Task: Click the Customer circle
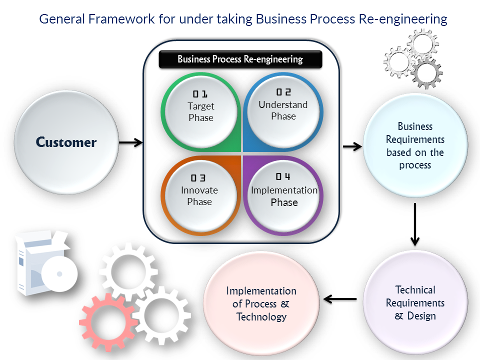[x=66, y=142]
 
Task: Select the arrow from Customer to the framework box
[x=131, y=143]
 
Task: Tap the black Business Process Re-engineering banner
[x=240, y=59]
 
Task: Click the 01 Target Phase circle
[x=200, y=110]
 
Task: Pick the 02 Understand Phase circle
[x=283, y=110]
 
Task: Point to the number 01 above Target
[x=200, y=94]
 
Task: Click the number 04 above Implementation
[x=283, y=177]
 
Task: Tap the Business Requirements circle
[x=415, y=145]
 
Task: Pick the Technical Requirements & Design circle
[x=415, y=302]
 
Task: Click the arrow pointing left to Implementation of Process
[x=340, y=299]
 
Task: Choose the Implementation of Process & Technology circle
[x=261, y=303]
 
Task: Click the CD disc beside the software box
[x=59, y=274]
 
